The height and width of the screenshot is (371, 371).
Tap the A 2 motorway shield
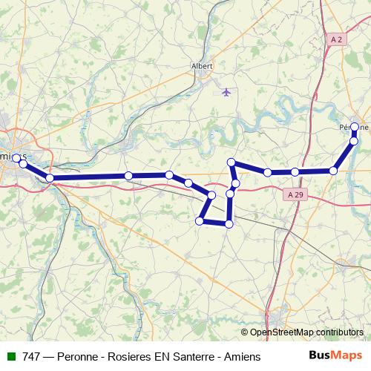pyautogui.click(x=337, y=39)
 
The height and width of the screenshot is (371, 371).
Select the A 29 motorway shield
pyautogui.click(x=295, y=194)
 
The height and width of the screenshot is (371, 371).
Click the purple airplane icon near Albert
pyautogui.click(x=226, y=92)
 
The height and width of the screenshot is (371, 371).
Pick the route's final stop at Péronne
pyautogui.click(x=355, y=127)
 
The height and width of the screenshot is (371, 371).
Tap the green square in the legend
pyautogui.click(x=10, y=357)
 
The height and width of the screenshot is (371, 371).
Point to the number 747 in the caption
pyautogui.click(x=31, y=357)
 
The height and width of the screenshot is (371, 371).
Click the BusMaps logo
pyautogui.click(x=335, y=356)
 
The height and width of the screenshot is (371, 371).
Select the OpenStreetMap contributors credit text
pyautogui.click(x=306, y=332)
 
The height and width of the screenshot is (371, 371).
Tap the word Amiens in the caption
pyautogui.click(x=241, y=357)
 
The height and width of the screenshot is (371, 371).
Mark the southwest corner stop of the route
pyautogui.click(x=200, y=220)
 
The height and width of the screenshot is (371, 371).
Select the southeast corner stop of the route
pyautogui.click(x=229, y=223)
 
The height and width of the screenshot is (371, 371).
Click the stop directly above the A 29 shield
pyautogui.click(x=295, y=172)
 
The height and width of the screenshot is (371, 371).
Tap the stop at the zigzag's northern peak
pyautogui.click(x=232, y=162)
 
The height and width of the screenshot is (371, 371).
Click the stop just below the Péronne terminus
pyautogui.click(x=354, y=140)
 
